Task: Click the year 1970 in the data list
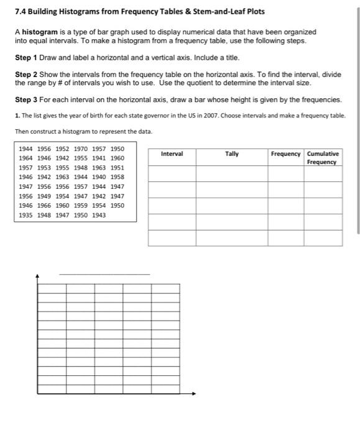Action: point(81,149)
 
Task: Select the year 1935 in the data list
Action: point(26,215)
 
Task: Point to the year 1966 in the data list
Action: point(44,206)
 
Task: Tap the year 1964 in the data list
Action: point(26,158)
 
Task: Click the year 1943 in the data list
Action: point(99,215)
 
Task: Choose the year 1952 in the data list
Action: point(62,149)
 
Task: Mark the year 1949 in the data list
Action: point(44,196)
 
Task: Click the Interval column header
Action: point(172,153)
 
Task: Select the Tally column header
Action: point(231,153)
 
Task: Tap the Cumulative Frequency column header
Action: point(323,158)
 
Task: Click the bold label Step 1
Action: point(30,57)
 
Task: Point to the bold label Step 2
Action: point(30,74)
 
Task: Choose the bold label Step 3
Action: point(30,99)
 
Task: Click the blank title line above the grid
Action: point(104,273)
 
